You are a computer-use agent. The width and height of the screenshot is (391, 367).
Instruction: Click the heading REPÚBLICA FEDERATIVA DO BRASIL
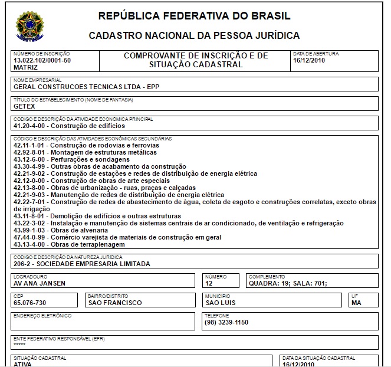pyautogui.click(x=194, y=15)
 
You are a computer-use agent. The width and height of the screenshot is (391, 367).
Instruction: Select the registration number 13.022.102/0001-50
pyautogui.click(x=42, y=61)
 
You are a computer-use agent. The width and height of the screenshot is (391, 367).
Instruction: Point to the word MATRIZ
pyautogui.click(x=25, y=67)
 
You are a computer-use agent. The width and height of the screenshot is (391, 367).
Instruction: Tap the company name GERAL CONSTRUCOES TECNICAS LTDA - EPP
pyautogui.click(x=86, y=87)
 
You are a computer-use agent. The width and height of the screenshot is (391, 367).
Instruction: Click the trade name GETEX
pyautogui.click(x=24, y=107)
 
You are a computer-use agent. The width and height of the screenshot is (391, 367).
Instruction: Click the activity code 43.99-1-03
pyautogui.click(x=30, y=230)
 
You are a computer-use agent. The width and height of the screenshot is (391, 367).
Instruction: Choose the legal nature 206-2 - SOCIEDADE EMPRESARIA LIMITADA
pyautogui.click(x=81, y=264)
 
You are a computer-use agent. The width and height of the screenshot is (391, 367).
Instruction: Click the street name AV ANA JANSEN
pyautogui.click(x=39, y=283)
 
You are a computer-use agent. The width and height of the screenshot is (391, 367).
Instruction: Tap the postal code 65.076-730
pyautogui.click(x=29, y=303)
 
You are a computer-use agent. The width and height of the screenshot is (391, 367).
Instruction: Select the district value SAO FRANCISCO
pyautogui.click(x=114, y=303)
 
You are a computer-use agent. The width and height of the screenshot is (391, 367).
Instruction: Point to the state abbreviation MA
pyautogui.click(x=356, y=303)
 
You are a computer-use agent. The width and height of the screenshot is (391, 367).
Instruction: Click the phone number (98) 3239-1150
pyautogui.click(x=226, y=322)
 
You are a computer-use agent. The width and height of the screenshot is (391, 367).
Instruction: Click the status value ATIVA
pyautogui.click(x=23, y=364)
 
